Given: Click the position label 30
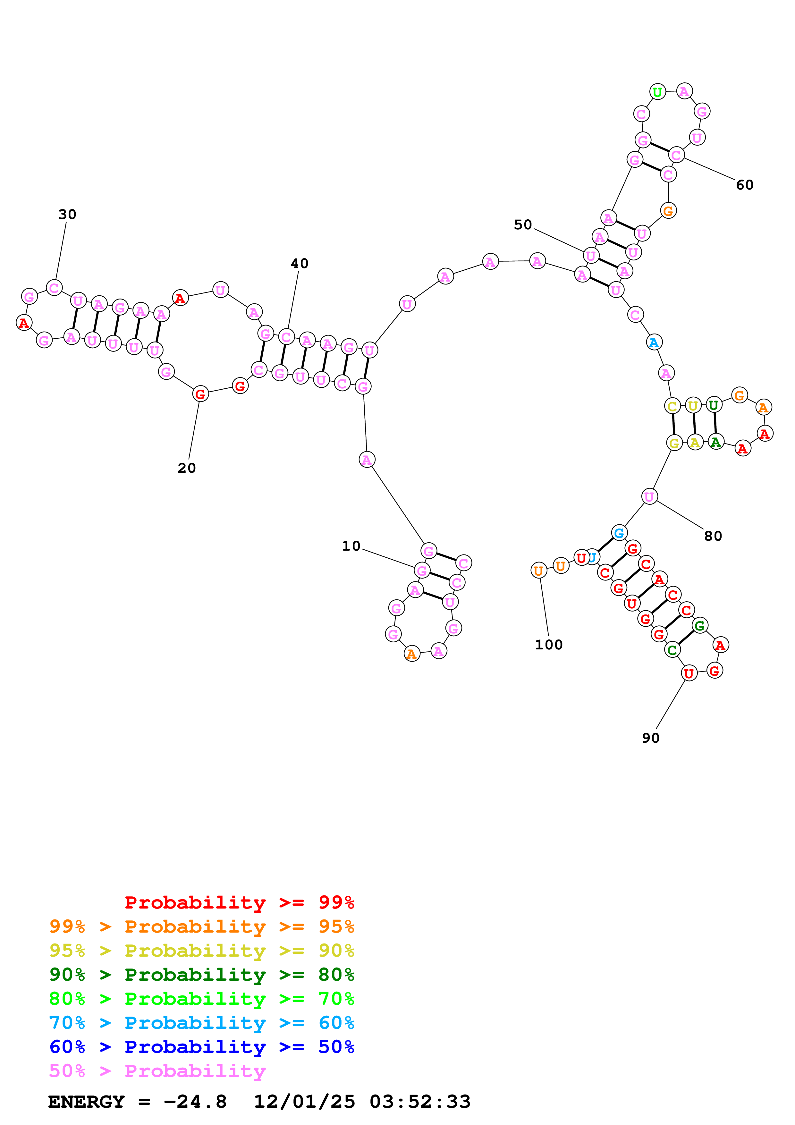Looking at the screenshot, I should click(x=67, y=215).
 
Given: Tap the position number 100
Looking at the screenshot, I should click(x=549, y=645).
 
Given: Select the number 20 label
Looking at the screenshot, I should click(x=187, y=469).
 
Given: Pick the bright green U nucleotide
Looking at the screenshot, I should click(x=657, y=92).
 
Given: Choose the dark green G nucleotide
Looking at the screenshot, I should click(x=699, y=625).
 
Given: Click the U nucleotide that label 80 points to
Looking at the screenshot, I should click(x=649, y=496).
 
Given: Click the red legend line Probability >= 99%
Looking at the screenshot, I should click(x=239, y=902).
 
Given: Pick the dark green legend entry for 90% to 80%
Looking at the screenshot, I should click(x=201, y=975).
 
